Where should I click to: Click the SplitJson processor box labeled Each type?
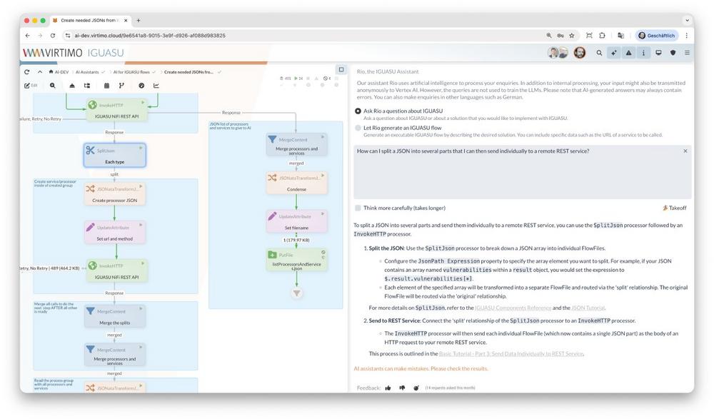coord(114,155)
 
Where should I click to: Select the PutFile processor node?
coord(296,259)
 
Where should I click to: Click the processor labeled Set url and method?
coord(114,232)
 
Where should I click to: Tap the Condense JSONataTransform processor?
coord(296,183)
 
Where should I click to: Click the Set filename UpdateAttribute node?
coord(296,221)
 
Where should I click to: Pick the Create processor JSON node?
coord(114,193)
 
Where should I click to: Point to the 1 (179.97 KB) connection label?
coord(296,240)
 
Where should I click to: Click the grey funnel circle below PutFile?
coord(297,293)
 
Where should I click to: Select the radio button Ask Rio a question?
coord(358,111)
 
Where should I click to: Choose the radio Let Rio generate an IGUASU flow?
coord(358,128)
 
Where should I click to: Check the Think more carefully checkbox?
coord(358,208)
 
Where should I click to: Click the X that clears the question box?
coord(685,151)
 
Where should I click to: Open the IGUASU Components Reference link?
coord(513,308)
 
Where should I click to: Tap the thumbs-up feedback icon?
coord(388,388)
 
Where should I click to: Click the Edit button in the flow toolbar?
coord(31,86)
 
